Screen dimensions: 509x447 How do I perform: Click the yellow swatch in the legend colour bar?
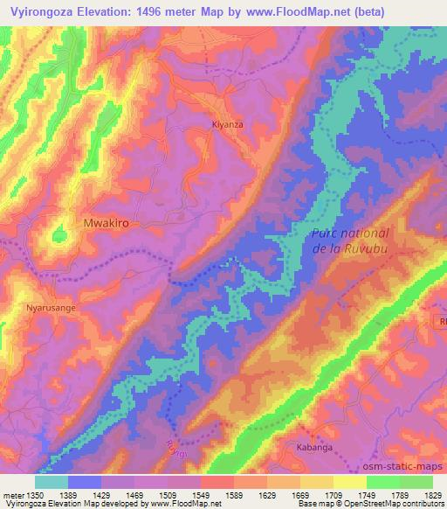click(349, 482)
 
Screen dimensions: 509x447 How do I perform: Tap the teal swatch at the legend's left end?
click(52, 482)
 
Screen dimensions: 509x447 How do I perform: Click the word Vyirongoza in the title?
click(49, 10)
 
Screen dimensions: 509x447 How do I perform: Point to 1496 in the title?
click(164, 10)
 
